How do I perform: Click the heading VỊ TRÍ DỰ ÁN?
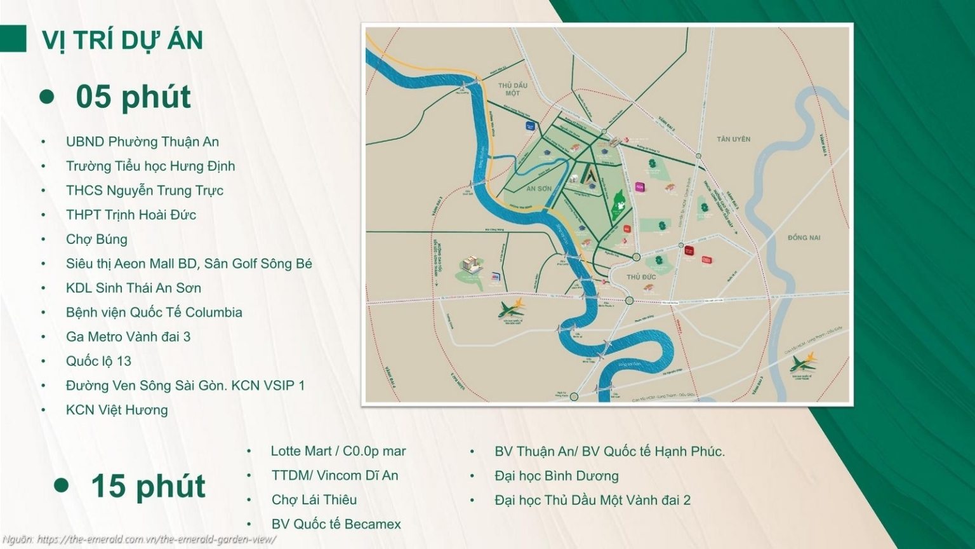123,40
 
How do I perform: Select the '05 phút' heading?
133,97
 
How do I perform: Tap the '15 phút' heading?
148,486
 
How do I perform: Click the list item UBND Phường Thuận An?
142,142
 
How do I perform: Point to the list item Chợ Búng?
96,240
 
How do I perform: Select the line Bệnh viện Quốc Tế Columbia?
154,313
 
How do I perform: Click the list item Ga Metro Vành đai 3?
128,337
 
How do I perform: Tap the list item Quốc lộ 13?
98,361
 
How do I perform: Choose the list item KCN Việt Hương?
117,410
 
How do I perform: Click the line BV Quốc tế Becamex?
336,524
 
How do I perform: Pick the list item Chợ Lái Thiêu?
314,500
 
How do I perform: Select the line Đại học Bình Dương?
556,476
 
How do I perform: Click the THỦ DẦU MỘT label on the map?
513,89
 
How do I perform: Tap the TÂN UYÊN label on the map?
733,139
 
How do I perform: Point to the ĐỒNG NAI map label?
804,238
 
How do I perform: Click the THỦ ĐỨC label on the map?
641,277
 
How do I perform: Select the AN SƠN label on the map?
539,189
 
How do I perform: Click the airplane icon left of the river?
512,309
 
